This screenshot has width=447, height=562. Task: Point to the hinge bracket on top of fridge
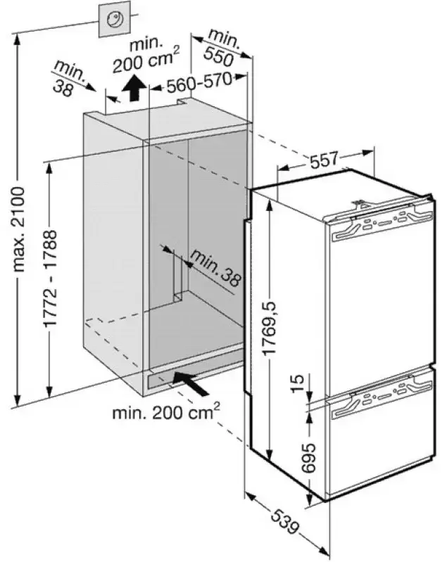click(x=362, y=204)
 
